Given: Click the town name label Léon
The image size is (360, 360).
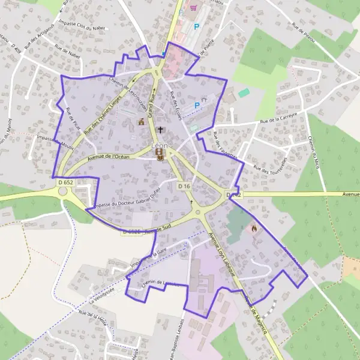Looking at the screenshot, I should click(x=161, y=145).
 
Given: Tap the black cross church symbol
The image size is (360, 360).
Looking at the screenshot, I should click(x=160, y=130).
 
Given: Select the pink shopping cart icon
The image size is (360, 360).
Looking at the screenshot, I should click(x=193, y=8).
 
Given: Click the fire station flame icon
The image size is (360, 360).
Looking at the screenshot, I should click(x=254, y=228).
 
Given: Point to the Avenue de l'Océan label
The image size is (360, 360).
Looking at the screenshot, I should click(x=109, y=157).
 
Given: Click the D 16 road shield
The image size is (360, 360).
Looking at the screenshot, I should click(x=184, y=187).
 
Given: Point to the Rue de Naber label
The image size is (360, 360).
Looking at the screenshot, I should click(x=67, y=50).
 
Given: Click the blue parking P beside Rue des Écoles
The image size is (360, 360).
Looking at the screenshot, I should click(x=196, y=105).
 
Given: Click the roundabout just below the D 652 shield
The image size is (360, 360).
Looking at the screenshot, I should click(x=65, y=193).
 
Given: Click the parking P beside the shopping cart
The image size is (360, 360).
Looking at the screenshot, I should click(x=196, y=27).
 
